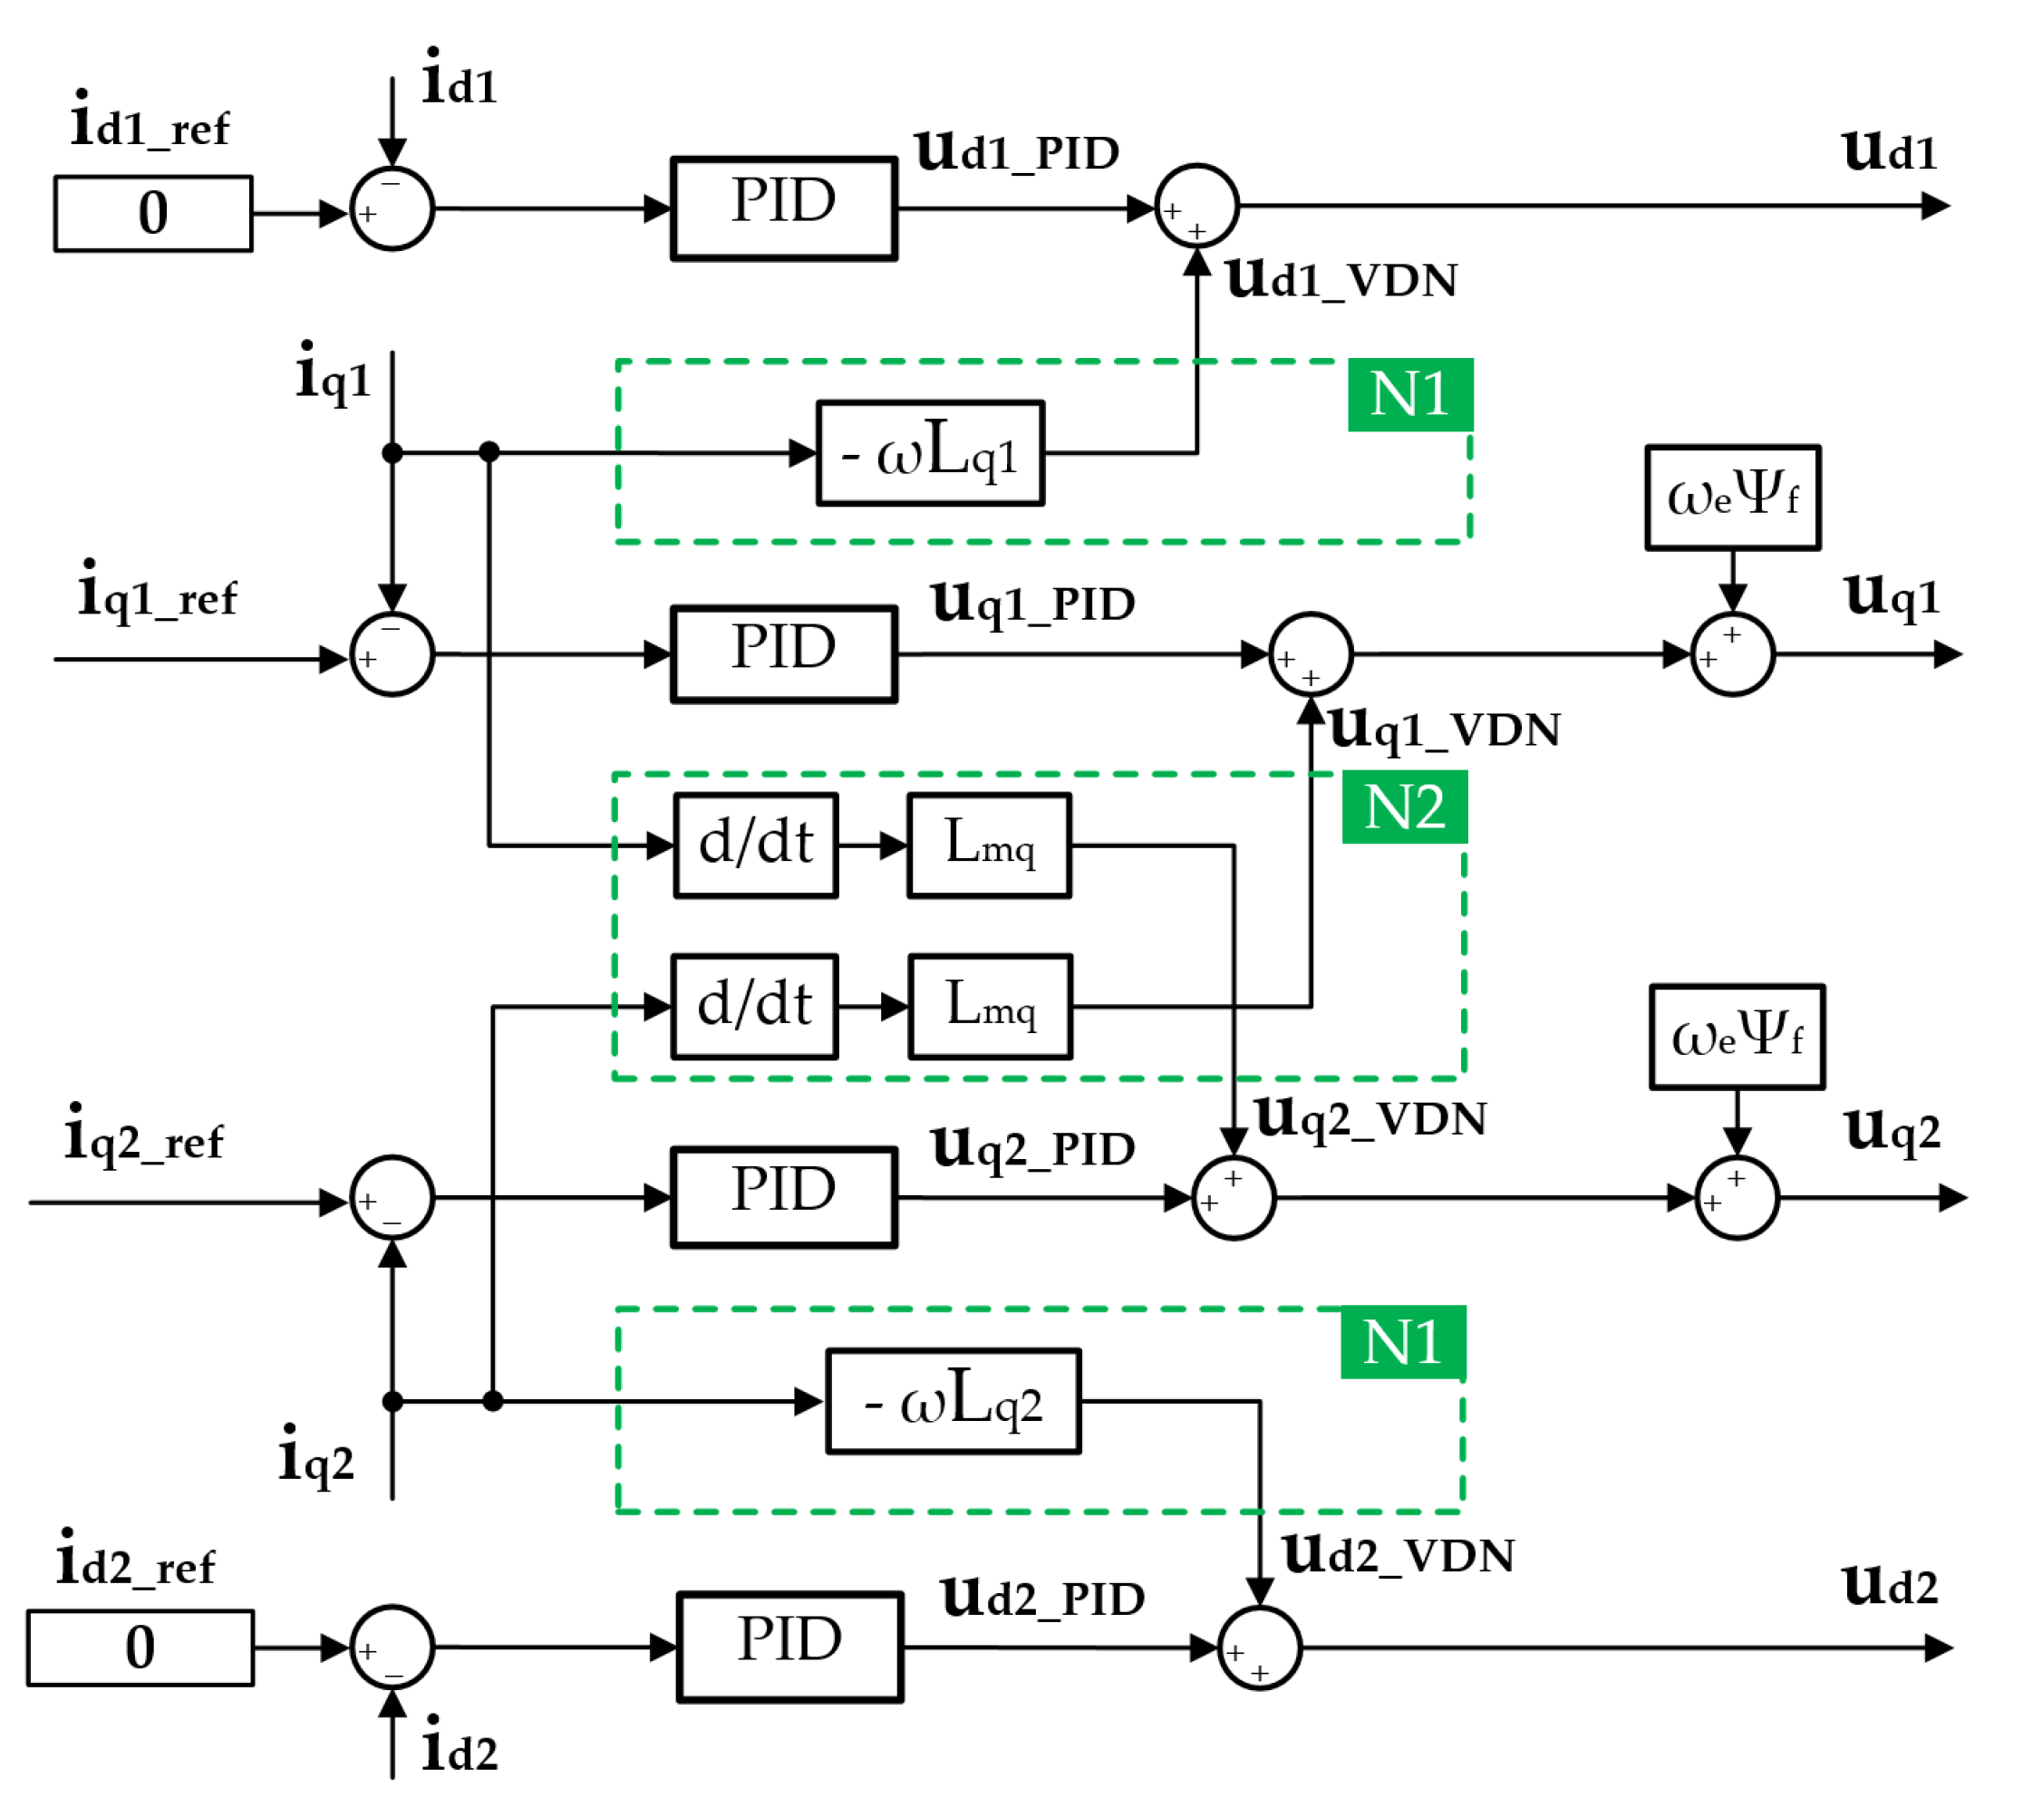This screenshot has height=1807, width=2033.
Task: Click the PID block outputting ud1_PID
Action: (x=784, y=208)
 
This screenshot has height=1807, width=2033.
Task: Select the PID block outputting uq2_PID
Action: (x=784, y=1197)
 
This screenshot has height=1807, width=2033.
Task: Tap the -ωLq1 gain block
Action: (x=930, y=453)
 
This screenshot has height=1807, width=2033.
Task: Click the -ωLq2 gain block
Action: (x=953, y=1401)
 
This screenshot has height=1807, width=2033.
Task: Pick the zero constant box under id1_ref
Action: (x=153, y=214)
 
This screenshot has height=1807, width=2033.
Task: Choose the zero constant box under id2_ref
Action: (x=140, y=1648)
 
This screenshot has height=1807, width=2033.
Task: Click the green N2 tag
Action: (x=1403, y=807)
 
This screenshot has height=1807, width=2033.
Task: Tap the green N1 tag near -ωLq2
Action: (x=1402, y=1343)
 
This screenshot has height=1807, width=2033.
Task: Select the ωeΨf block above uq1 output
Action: (x=1733, y=498)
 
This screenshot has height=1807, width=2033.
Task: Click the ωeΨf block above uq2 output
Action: (x=1737, y=1038)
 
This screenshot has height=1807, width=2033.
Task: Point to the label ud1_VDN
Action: (x=1341, y=279)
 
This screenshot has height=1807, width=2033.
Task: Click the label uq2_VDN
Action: (x=1370, y=1119)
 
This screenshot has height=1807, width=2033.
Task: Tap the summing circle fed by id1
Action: (x=392, y=208)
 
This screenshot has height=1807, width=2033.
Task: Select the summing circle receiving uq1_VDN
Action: (x=1310, y=654)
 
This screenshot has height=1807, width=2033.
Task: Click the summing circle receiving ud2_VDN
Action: (x=1259, y=1648)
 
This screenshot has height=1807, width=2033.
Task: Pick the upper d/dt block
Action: (x=756, y=846)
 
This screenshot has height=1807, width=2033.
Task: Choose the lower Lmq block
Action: (x=991, y=1007)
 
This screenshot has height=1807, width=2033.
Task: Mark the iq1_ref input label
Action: (x=157, y=594)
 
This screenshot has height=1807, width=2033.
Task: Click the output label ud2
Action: (x=1890, y=1586)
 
